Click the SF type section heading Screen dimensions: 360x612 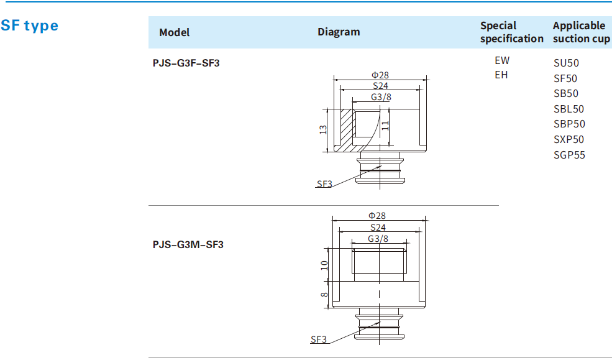[30, 25]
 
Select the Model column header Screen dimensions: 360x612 [175, 32]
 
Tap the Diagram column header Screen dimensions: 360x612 [339, 32]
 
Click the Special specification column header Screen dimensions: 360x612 [511, 32]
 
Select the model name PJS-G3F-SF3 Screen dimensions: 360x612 [186, 63]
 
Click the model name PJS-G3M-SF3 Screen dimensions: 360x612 [188, 244]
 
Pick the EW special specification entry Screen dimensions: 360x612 [501, 61]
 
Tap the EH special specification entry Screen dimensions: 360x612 [501, 75]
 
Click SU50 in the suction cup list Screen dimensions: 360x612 [566, 63]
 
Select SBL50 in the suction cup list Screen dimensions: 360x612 [569, 109]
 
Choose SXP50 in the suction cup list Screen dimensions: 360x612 [569, 139]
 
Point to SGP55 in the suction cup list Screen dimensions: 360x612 [569, 155]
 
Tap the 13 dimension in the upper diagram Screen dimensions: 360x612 [322, 130]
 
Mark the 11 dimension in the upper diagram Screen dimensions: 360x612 [385, 125]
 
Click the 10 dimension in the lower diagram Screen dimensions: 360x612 [324, 265]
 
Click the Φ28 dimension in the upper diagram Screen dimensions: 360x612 [380, 75]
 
